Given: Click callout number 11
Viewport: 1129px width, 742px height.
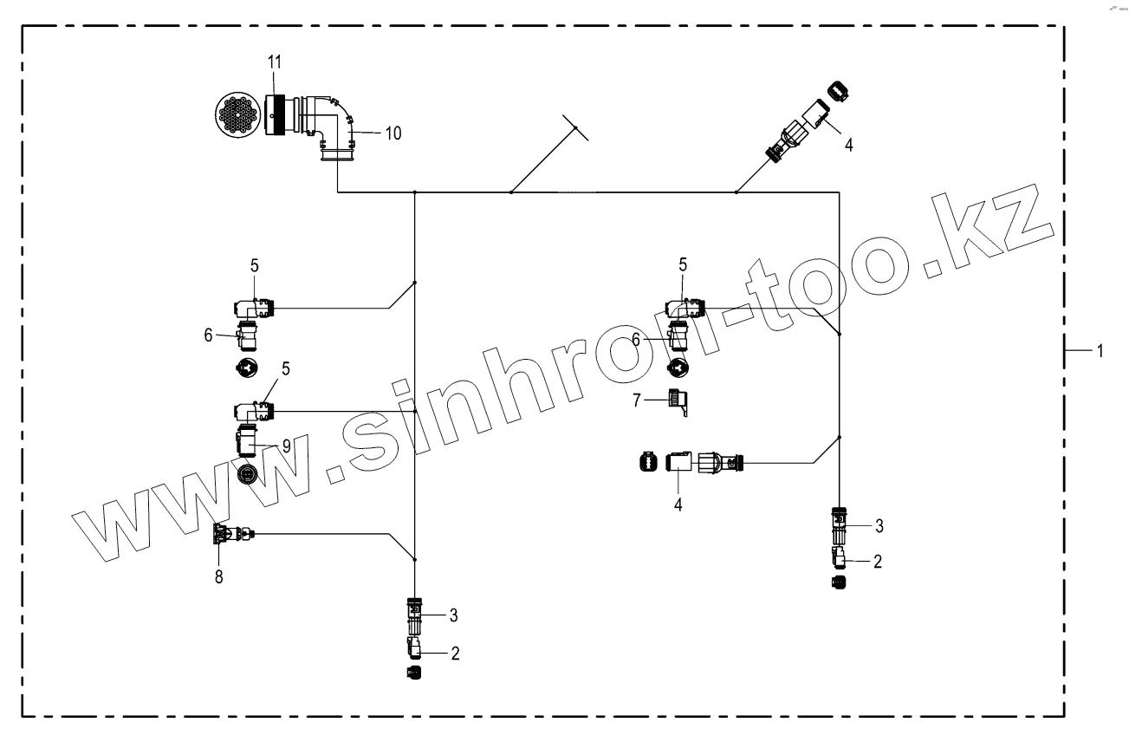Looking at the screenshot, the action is (x=275, y=62).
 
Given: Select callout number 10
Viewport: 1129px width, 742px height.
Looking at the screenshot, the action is (x=393, y=133).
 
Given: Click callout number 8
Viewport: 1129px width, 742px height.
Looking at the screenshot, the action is (x=219, y=576).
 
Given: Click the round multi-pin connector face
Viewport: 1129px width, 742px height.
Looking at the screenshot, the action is (x=239, y=115).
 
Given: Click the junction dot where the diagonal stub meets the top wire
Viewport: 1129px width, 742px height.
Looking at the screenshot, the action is (x=511, y=192).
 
